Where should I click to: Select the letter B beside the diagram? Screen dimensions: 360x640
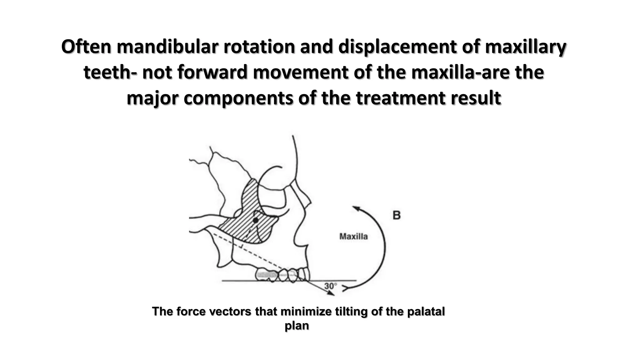pyautogui.click(x=396, y=215)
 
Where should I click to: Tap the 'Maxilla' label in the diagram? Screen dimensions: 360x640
pyautogui.click(x=353, y=237)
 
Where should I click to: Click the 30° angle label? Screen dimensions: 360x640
pyautogui.click(x=331, y=286)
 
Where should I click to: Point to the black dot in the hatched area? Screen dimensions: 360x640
pyautogui.click(x=256, y=220)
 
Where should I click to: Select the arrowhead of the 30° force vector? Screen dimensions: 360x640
pyautogui.click(x=331, y=293)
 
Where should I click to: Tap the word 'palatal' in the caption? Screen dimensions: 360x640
pyautogui.click(x=426, y=312)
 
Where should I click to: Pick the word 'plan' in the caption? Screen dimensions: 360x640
pyautogui.click(x=297, y=326)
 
